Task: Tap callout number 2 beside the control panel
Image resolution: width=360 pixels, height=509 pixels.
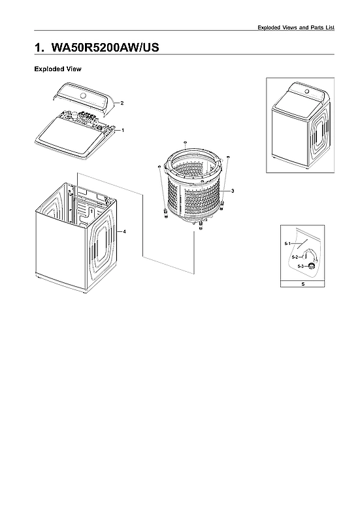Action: tap(122, 103)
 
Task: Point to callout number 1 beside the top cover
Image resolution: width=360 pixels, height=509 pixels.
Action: tap(123, 130)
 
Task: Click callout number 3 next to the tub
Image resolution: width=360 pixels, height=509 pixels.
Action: tap(233, 189)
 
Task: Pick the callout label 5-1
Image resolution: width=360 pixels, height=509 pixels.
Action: tap(287, 243)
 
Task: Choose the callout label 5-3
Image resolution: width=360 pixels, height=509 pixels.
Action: tap(301, 267)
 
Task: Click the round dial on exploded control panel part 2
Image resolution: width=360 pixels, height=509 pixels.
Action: tap(83, 96)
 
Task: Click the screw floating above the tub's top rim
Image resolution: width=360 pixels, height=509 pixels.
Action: tap(186, 142)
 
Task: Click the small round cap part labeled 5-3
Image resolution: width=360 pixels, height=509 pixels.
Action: tap(312, 265)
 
